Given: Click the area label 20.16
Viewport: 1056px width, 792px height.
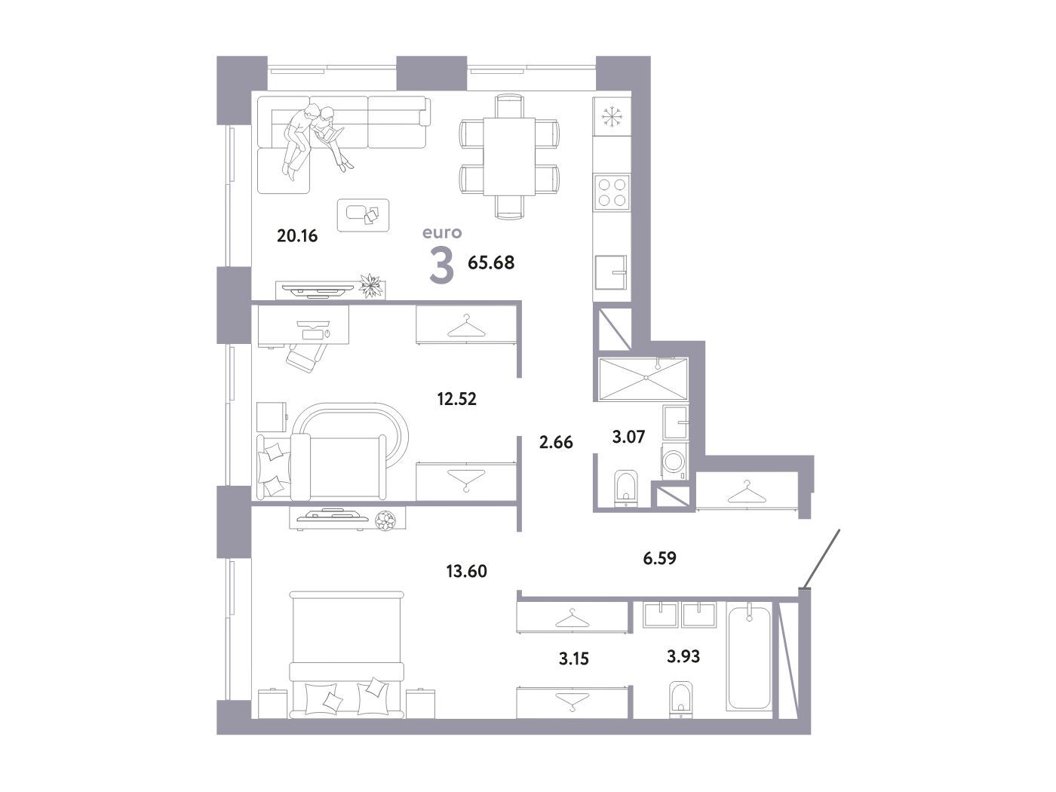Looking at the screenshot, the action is click(x=297, y=236).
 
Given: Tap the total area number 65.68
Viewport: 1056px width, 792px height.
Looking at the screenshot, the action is click(x=491, y=262).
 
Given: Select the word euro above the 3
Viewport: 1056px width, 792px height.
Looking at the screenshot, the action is click(x=442, y=233).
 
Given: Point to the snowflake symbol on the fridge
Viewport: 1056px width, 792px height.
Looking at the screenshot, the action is click(x=612, y=117).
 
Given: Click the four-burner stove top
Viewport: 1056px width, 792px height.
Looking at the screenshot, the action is click(x=612, y=192).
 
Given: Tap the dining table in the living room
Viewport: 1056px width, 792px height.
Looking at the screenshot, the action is click(x=509, y=156).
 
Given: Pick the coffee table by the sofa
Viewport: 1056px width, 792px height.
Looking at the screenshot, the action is click(x=363, y=215).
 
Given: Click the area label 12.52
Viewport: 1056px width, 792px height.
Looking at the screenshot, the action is click(x=456, y=399).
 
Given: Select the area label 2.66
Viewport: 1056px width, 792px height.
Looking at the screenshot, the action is click(x=556, y=442).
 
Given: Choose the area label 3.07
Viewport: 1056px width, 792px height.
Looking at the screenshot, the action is click(x=628, y=437).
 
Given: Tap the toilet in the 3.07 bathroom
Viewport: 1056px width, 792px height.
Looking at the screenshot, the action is click(x=625, y=488).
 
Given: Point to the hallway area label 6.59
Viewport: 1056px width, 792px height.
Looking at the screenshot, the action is click(x=659, y=558).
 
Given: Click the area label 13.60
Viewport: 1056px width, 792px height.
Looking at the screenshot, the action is click(x=467, y=571).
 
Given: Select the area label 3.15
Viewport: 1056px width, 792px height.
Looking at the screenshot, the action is click(x=573, y=658).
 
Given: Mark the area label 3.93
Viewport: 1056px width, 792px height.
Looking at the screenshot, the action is click(x=683, y=656).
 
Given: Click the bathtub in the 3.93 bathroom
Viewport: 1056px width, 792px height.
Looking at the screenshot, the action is click(x=748, y=658).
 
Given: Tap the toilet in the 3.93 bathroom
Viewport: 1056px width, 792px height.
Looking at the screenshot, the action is click(x=680, y=699).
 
